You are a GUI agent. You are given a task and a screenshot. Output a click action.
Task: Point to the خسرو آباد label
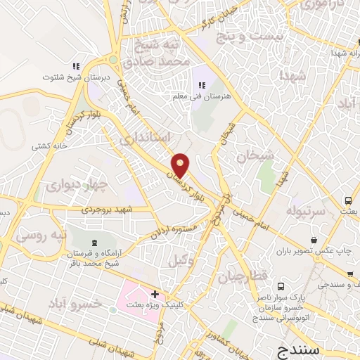[75, 303]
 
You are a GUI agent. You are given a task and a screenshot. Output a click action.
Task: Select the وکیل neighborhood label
[180, 260]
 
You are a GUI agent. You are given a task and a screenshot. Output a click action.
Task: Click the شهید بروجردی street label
[105, 209]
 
